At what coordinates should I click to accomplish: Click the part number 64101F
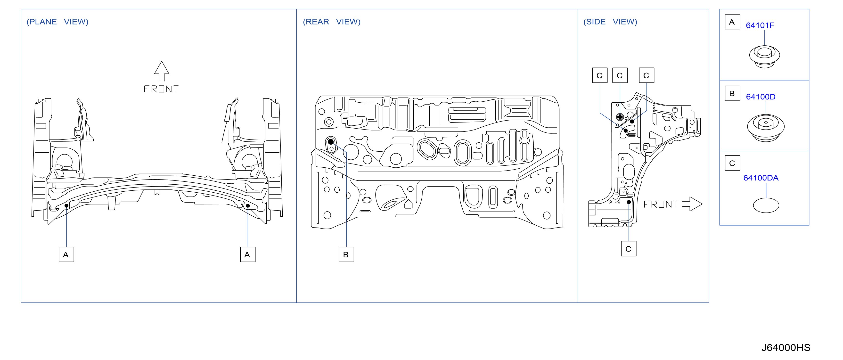pos(760,25)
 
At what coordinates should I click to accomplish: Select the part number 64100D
pos(761,97)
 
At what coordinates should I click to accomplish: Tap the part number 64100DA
pos(761,178)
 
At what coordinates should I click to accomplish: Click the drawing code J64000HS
pos(786,348)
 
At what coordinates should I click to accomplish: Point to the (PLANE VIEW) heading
pos(57,22)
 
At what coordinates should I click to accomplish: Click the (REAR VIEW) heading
pos(332,22)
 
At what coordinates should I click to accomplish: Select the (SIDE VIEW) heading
pos(610,22)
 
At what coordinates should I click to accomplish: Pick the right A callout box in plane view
pos(248,255)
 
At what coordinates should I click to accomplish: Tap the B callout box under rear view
pos(346,255)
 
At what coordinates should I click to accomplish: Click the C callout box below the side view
pos(629,249)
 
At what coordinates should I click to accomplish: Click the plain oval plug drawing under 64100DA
pos(766,205)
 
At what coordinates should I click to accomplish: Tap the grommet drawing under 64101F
pos(764,56)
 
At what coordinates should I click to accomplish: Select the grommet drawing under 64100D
pos(766,128)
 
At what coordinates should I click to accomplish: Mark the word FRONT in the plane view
pos(161,89)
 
